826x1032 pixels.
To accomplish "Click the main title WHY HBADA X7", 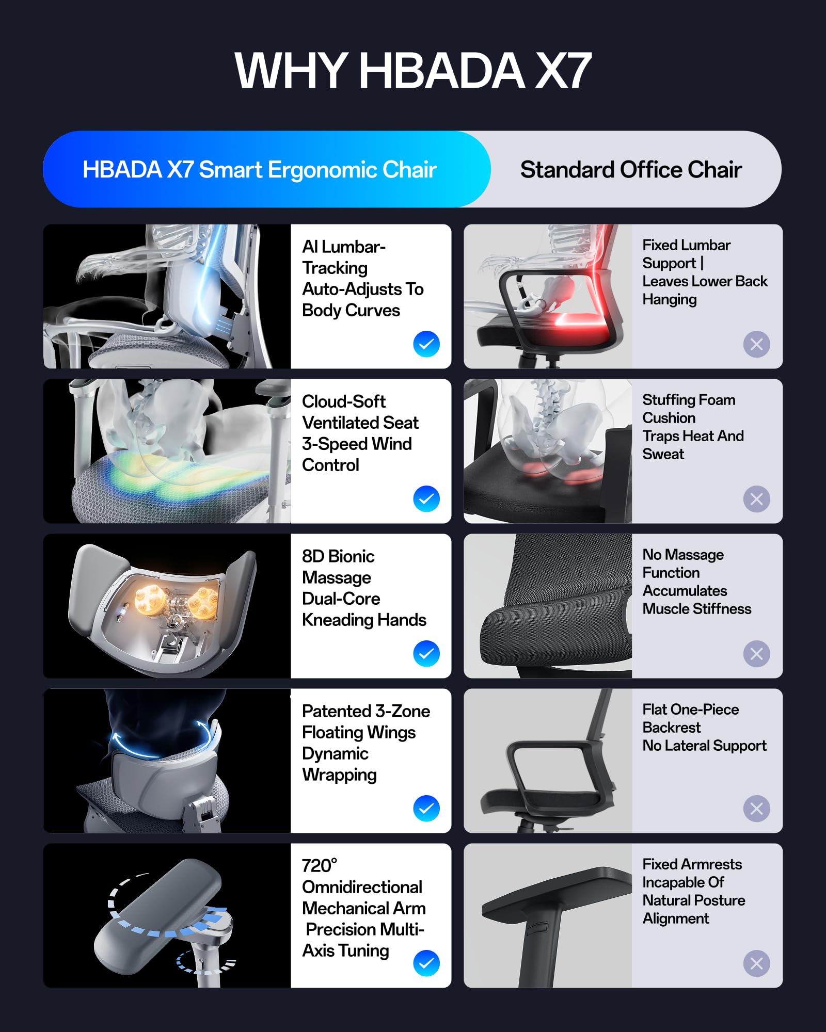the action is pyautogui.click(x=413, y=71).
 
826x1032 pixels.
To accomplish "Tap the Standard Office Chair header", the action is pyautogui.click(x=631, y=170).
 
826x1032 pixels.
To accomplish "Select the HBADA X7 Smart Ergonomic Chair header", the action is pyautogui.click(x=260, y=170).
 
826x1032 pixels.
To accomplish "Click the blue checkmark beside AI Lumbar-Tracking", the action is pyautogui.click(x=426, y=344).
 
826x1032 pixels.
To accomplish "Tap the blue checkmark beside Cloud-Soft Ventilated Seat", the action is pyautogui.click(x=426, y=498).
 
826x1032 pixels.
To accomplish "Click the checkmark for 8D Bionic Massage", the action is pyautogui.click(x=426, y=653).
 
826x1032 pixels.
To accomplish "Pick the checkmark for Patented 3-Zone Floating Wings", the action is pyautogui.click(x=426, y=808).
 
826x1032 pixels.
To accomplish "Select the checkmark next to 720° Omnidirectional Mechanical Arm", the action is pyautogui.click(x=426, y=963).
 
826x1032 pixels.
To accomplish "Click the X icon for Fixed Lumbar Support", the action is pyautogui.click(x=757, y=344).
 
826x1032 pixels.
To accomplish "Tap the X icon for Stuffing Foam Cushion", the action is pyautogui.click(x=757, y=499).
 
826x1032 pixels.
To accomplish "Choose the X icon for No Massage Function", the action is pyautogui.click(x=757, y=654).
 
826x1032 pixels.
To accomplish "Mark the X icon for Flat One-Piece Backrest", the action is pyautogui.click(x=757, y=809).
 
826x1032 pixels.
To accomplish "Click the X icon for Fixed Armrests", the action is pyautogui.click(x=757, y=963).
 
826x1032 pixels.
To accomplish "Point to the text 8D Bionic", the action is pyautogui.click(x=338, y=556).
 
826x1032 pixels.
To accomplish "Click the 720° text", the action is pyautogui.click(x=320, y=865).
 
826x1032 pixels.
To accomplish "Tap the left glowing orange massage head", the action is pyautogui.click(x=150, y=600).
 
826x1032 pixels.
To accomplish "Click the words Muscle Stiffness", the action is pyautogui.click(x=697, y=609).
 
